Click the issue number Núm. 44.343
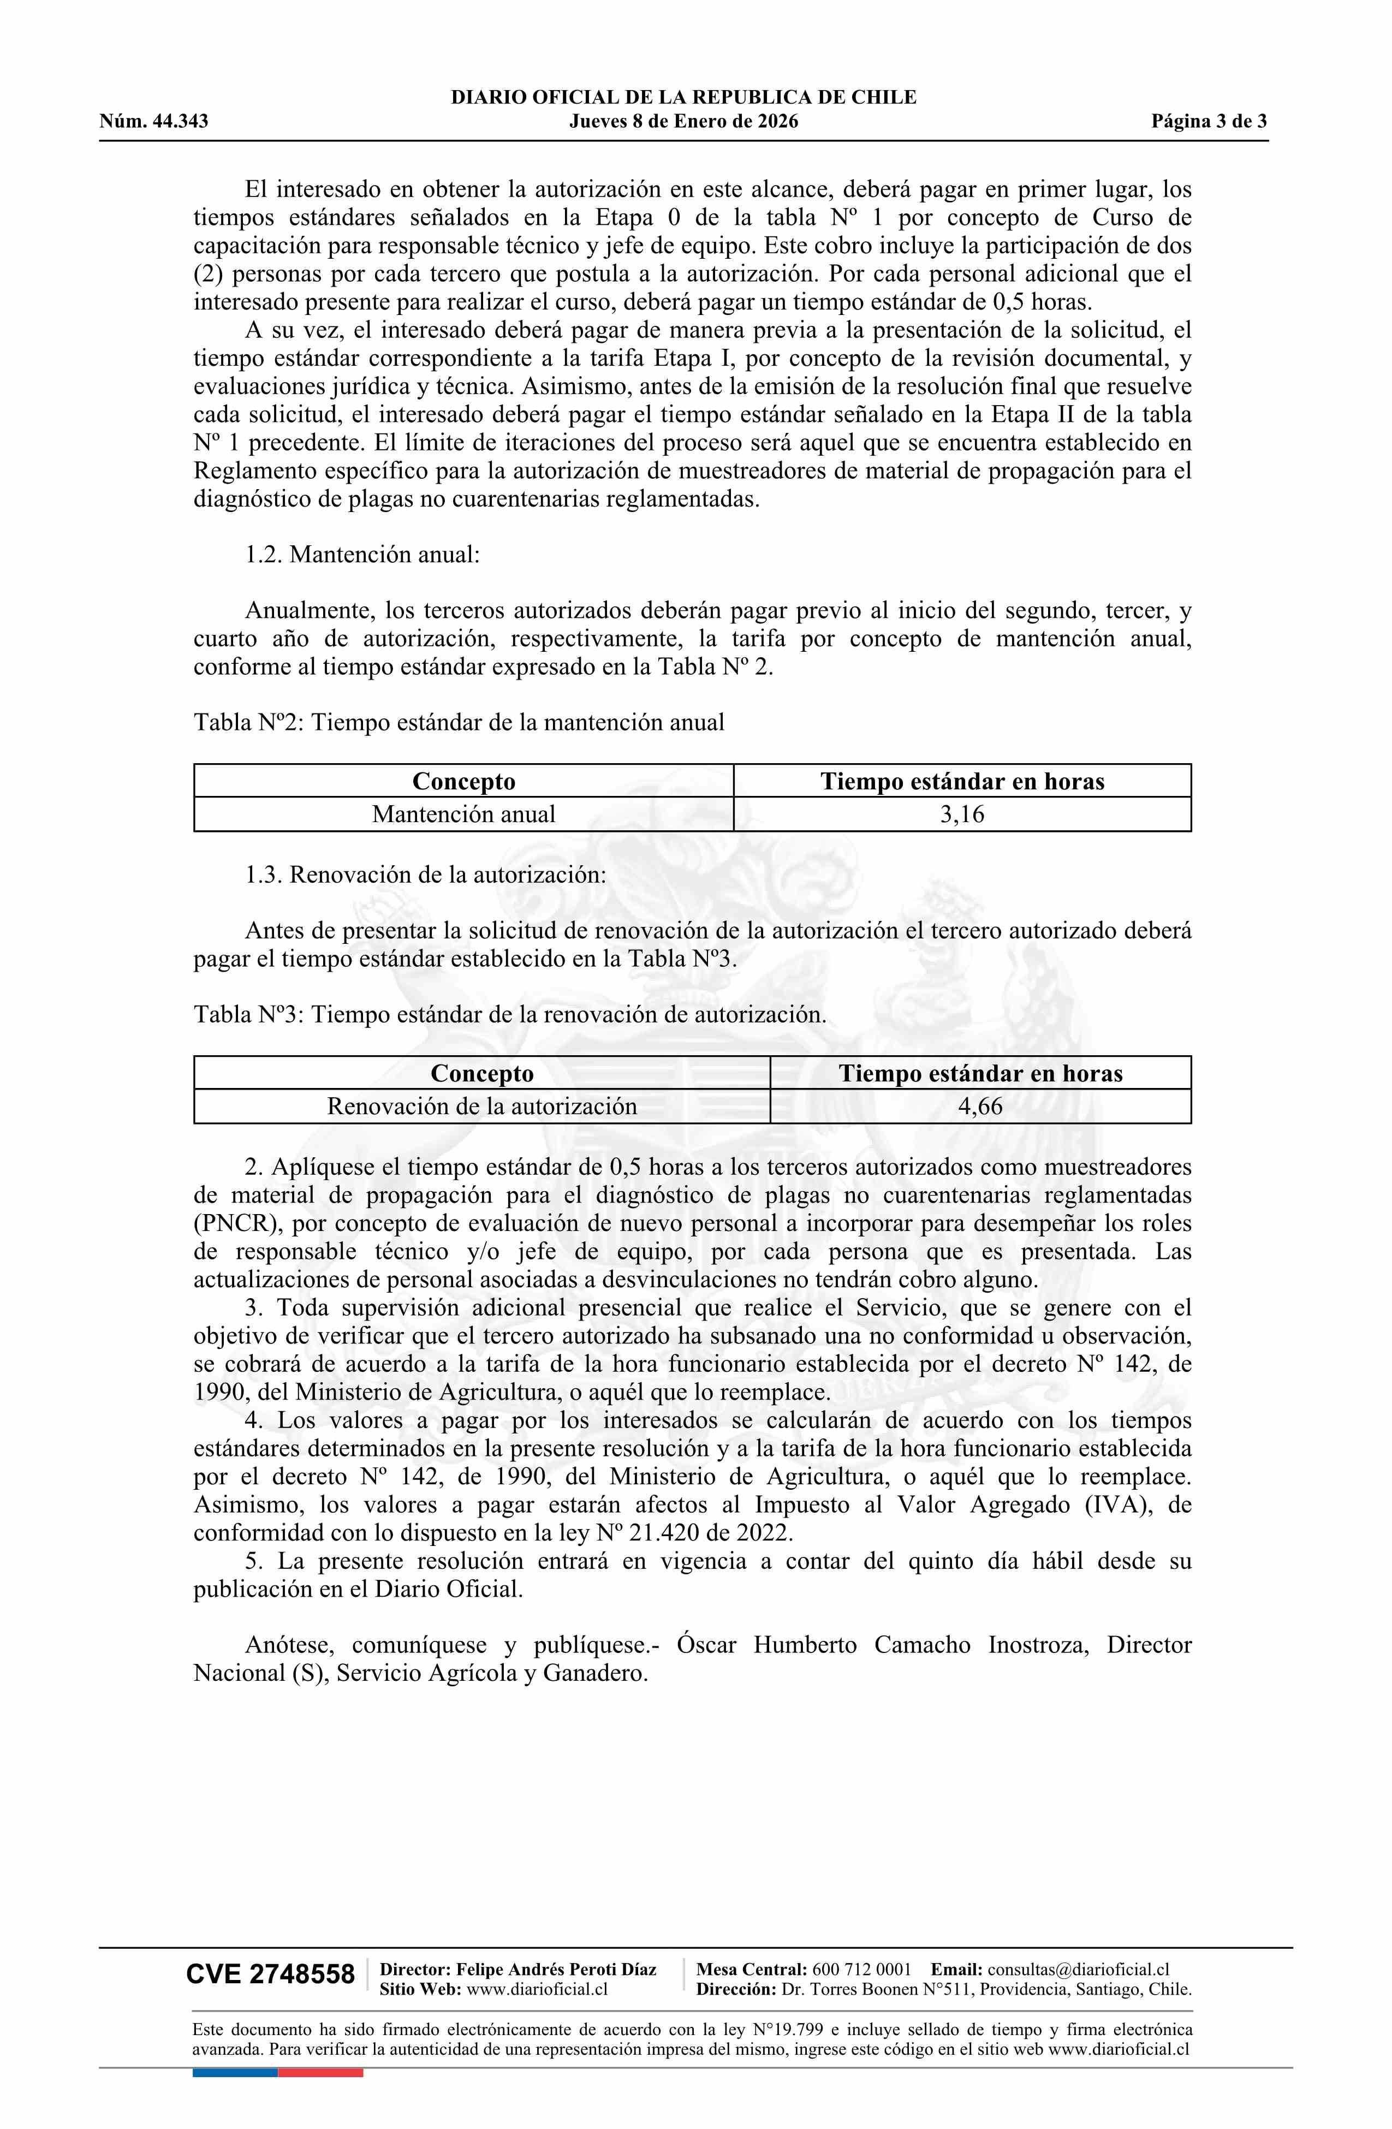coord(154,122)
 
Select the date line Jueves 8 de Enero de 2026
coord(683,122)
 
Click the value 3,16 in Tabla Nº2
coord(962,814)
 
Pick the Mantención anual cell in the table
coord(463,814)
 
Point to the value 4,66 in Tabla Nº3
coord(980,1107)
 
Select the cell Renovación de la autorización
coord(481,1107)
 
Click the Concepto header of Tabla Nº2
coord(463,781)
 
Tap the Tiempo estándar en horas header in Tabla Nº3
coord(980,1073)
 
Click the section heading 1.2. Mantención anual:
coord(362,555)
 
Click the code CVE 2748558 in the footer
coord(270,1975)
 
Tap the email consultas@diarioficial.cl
coord(1078,1969)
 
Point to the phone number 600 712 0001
coord(861,1969)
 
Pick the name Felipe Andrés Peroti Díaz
coord(556,1969)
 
